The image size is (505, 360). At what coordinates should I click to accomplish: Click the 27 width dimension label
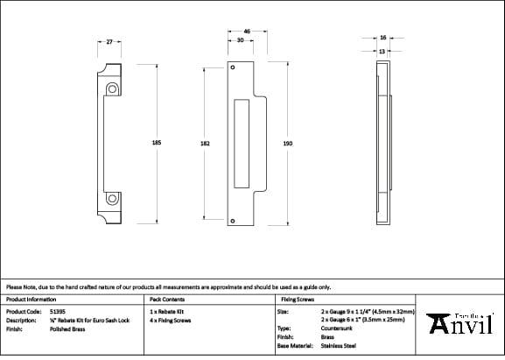[x=109, y=41]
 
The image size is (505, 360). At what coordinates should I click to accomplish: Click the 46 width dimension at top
[x=247, y=32]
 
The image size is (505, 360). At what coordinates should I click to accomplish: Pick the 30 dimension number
[x=240, y=40]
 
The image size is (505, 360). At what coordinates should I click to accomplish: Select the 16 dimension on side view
[x=383, y=38]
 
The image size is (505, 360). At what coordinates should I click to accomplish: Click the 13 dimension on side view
[x=382, y=51]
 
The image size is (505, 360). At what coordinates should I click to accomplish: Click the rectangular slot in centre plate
[x=242, y=144]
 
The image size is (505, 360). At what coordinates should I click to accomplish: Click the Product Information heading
[x=31, y=299]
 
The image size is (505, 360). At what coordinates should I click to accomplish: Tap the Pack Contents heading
[x=167, y=299]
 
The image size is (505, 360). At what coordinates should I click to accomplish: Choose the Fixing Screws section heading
[x=297, y=299]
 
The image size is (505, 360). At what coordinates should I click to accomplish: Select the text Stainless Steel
[x=339, y=347]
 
